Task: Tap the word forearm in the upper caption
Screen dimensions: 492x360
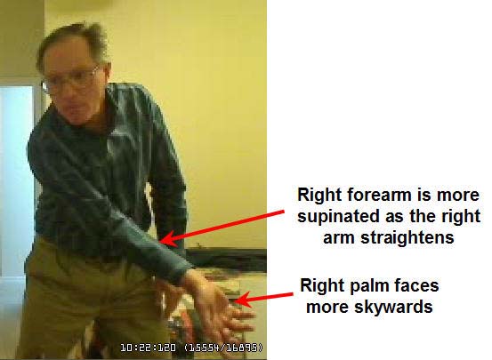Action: (379, 195)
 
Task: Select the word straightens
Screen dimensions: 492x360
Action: (407, 238)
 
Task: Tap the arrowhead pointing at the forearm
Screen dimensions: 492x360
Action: (167, 239)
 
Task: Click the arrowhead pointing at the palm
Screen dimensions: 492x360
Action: (241, 300)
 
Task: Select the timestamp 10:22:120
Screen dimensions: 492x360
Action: (148, 348)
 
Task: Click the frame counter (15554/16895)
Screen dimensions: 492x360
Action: (223, 348)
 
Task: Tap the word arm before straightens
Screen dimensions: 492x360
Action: (340, 238)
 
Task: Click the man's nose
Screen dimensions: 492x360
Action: (68, 94)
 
